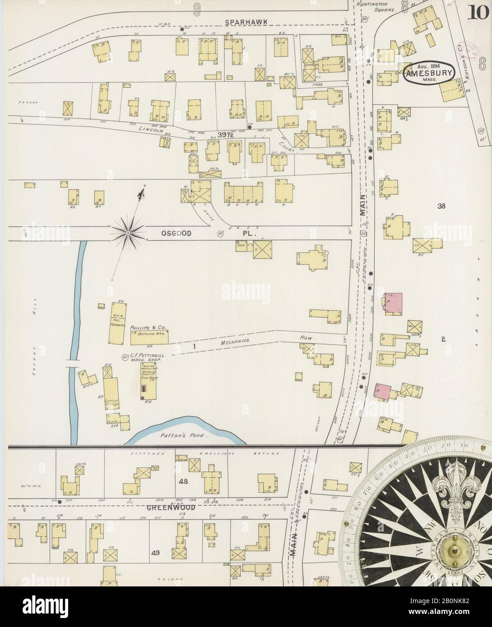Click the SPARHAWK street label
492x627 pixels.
coord(245,22)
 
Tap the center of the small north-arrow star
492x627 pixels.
coord(128,233)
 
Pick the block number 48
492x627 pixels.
coord(183,481)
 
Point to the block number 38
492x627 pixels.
coord(441,206)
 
